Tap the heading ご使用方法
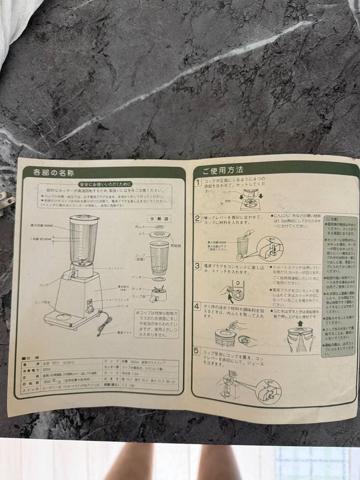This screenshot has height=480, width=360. [223, 170]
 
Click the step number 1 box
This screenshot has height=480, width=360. [198, 182]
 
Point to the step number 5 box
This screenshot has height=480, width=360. [196, 352]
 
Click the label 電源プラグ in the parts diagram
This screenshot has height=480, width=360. [126, 332]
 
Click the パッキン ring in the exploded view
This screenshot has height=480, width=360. [159, 280]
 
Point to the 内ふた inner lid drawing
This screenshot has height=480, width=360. [159, 228]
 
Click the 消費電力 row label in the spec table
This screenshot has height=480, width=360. [30, 369]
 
